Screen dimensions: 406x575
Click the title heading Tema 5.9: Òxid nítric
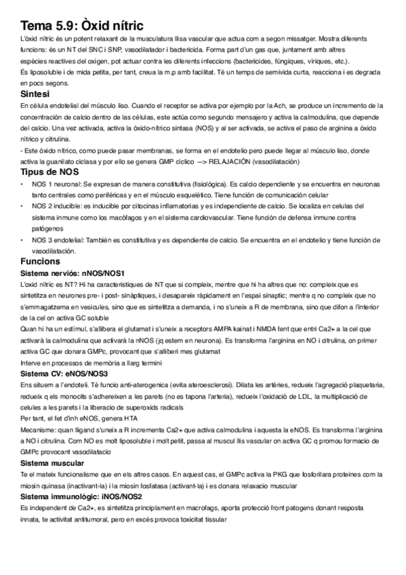(x=82, y=25)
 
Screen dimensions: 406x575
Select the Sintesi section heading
(x=35, y=94)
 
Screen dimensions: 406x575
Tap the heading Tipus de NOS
(x=49, y=174)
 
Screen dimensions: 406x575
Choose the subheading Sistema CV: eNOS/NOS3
(x=65, y=374)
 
